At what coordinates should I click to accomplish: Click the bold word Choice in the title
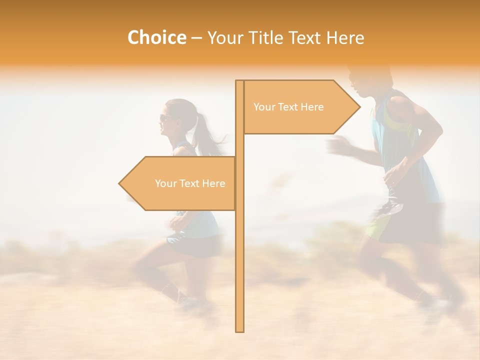(x=156, y=38)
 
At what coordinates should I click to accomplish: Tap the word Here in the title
(x=345, y=38)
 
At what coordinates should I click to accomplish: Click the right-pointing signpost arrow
(x=300, y=107)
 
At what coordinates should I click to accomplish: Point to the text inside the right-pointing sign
(x=288, y=107)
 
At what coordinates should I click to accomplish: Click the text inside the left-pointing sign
(x=190, y=183)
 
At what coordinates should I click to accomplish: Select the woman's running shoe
(x=192, y=303)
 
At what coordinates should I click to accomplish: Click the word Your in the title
(x=222, y=38)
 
